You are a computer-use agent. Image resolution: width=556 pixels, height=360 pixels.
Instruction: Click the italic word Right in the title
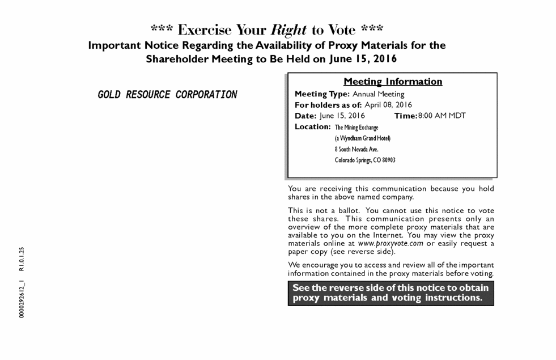289,30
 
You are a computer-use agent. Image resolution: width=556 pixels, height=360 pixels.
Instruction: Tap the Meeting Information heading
393,82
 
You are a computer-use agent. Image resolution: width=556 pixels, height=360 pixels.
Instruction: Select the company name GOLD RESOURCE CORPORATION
167,95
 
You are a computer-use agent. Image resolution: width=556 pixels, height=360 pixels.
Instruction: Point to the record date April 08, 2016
388,105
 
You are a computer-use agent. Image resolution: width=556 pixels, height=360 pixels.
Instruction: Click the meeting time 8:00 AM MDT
442,116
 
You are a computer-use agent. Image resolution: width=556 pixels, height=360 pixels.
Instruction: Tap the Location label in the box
313,126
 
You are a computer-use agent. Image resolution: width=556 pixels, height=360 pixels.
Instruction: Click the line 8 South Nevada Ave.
356,149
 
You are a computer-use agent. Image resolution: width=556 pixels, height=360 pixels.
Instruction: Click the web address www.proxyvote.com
391,243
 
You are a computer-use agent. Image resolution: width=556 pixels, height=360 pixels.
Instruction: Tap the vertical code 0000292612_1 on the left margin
22,298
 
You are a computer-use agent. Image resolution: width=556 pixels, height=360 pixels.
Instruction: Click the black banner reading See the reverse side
391,293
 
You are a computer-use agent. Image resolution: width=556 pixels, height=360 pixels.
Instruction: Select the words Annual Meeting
379,94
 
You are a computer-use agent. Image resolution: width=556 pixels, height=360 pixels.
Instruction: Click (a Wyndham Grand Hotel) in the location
363,138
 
